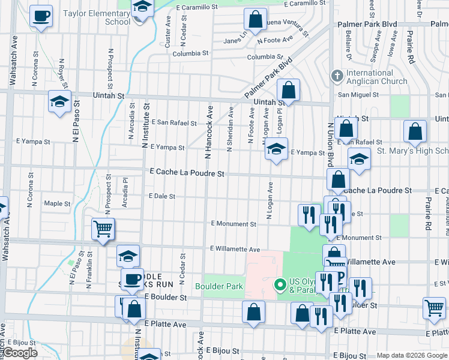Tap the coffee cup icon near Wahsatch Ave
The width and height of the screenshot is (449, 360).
[x=41, y=16]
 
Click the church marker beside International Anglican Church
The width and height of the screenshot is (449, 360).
[x=337, y=76]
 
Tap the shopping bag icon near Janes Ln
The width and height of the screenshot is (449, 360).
[x=256, y=19]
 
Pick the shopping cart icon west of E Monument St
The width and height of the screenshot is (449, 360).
[x=103, y=229]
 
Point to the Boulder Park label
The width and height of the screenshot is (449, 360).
[x=219, y=286]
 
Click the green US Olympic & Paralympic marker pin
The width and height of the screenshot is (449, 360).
[x=279, y=284]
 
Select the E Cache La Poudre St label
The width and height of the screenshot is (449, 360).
[x=187, y=173]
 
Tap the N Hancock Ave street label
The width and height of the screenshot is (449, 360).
[x=209, y=132]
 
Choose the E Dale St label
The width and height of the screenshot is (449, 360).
[x=161, y=196]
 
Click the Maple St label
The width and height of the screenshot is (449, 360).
[x=57, y=203]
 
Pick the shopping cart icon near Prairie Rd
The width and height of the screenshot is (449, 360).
[x=434, y=308]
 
